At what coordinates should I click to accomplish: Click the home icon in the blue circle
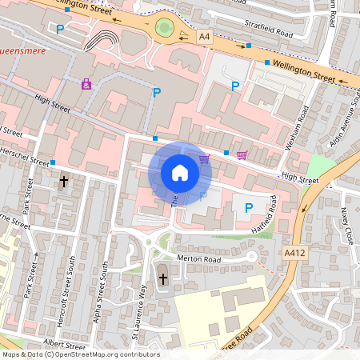coord(180,172)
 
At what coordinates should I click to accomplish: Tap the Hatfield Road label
coord(272,216)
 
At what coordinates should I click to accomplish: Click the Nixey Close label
coord(346,226)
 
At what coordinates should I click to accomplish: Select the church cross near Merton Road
coord(163,279)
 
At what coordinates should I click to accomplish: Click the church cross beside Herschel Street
coord(63,182)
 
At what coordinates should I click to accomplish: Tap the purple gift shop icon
coord(86,83)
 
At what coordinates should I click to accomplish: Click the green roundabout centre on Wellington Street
coord(166,29)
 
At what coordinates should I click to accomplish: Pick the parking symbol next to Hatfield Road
coord(248,208)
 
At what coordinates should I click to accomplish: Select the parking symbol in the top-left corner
coord(60,30)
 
